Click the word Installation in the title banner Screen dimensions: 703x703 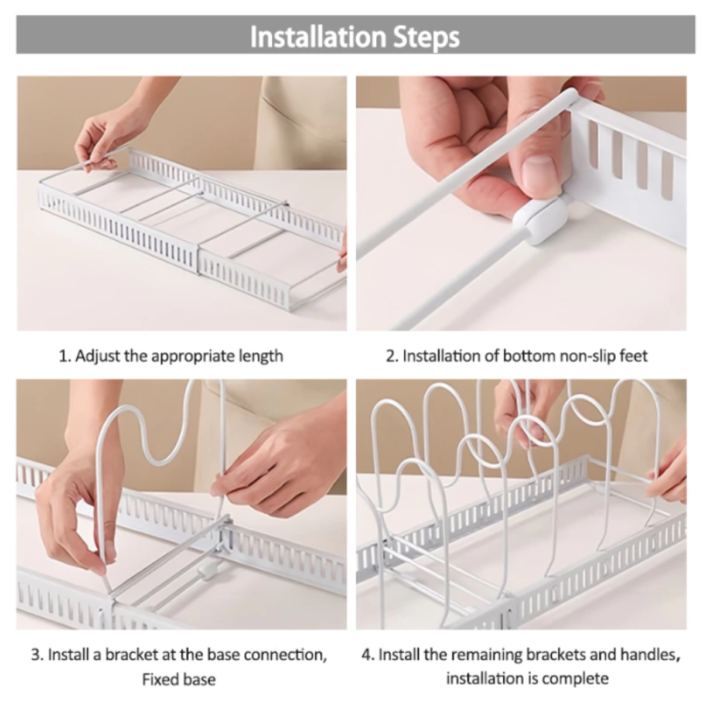pyautogui.click(x=318, y=37)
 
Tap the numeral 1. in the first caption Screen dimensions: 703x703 pyautogui.click(x=64, y=356)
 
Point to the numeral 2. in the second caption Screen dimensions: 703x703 pyautogui.click(x=392, y=356)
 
